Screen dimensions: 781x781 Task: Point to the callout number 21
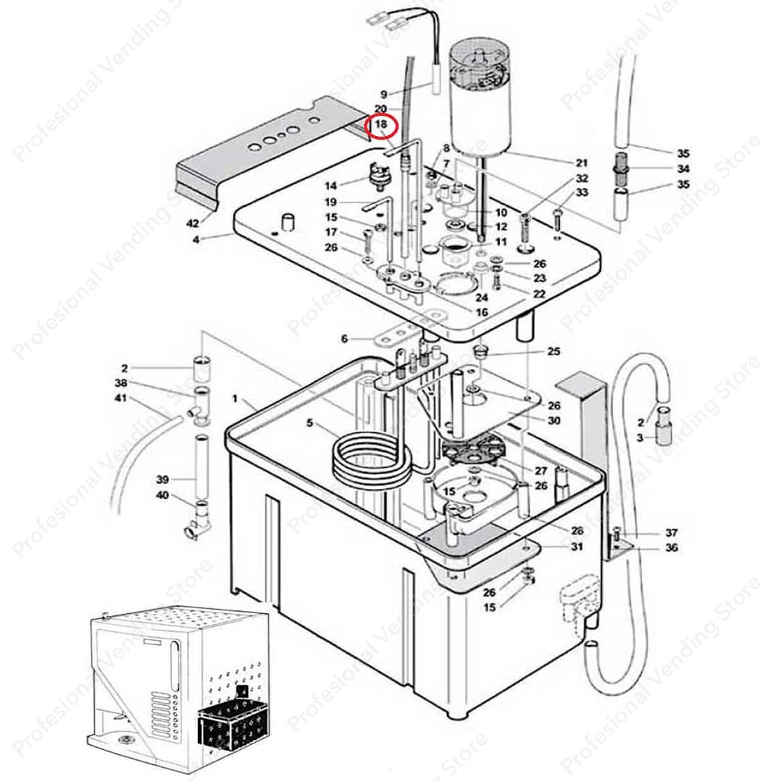[581, 163]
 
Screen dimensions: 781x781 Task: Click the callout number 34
[683, 168]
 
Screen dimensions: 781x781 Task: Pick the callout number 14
[331, 186]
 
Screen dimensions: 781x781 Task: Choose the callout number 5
[310, 424]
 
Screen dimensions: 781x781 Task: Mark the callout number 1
[234, 399]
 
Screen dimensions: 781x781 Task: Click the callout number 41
[121, 398]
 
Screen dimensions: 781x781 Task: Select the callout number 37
[671, 533]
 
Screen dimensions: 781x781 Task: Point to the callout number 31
[576, 547]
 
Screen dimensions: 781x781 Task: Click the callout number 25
[553, 352]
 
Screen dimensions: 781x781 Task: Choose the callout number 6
[345, 338]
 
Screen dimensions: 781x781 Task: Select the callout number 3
[639, 438]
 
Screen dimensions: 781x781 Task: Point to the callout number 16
[482, 312]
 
